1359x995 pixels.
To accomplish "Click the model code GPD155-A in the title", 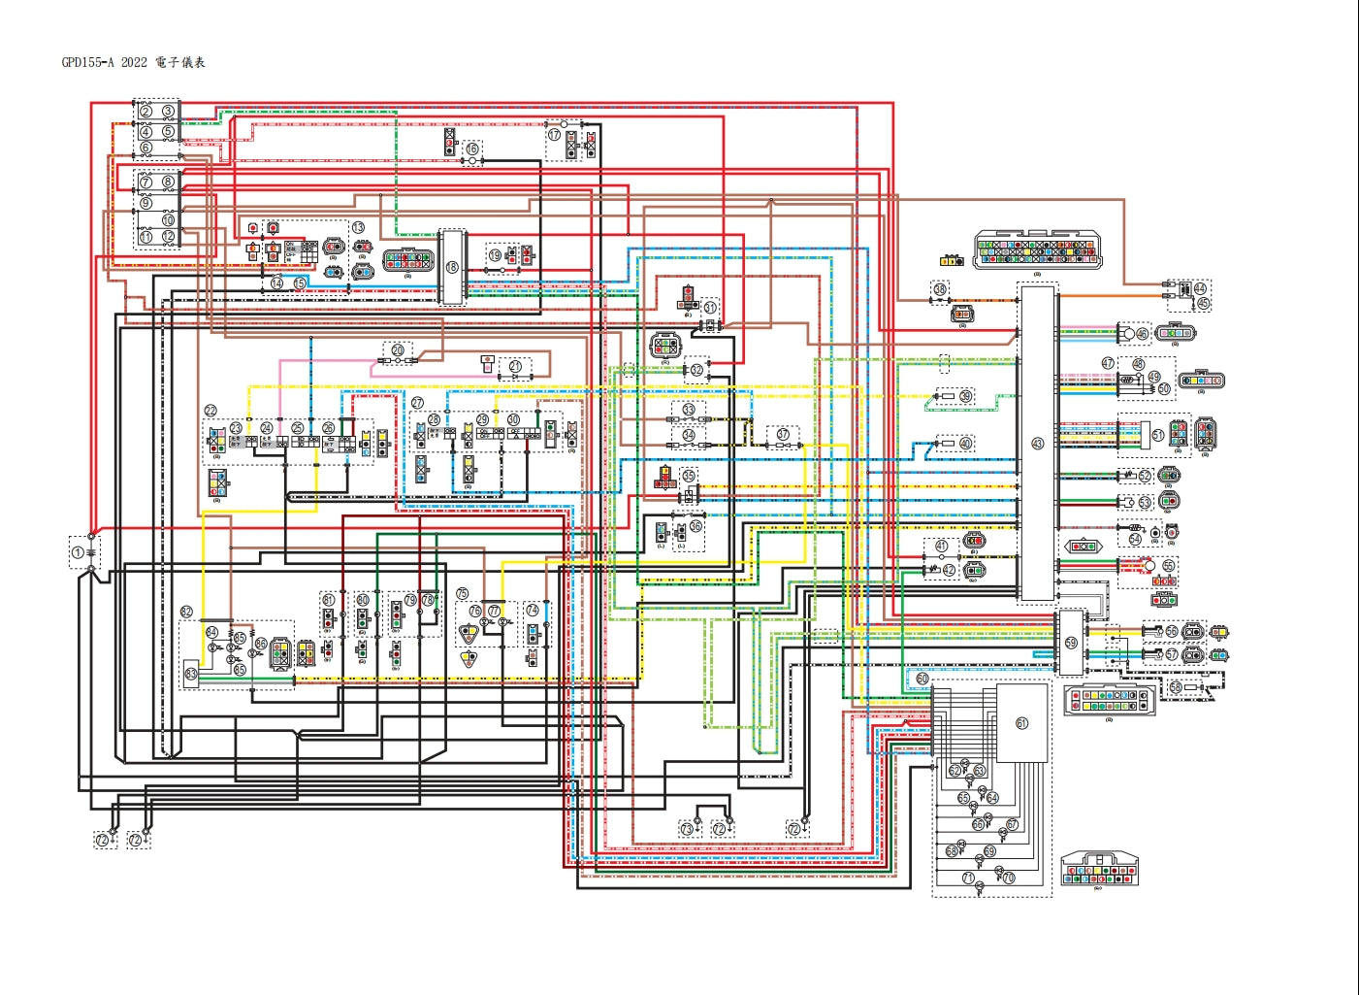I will click(x=87, y=63).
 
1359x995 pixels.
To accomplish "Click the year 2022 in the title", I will click(x=135, y=63).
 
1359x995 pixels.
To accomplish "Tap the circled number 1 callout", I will click(x=78, y=552).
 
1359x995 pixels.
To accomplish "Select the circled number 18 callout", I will click(x=452, y=267).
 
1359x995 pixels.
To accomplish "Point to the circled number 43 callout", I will click(x=1037, y=444).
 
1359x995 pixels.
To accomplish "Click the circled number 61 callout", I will click(x=1021, y=723).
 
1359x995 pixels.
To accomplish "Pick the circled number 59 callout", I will click(x=1071, y=643).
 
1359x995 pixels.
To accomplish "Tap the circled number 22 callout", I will click(x=210, y=411).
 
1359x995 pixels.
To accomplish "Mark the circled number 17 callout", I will click(x=554, y=135).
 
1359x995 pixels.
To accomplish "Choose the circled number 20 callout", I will click(x=398, y=349).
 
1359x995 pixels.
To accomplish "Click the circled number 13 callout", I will click(x=358, y=227).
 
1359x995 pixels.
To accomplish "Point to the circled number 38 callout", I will click(x=940, y=289).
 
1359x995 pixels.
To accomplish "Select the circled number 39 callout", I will click(x=966, y=396).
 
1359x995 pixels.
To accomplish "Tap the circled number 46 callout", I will click(x=1142, y=334).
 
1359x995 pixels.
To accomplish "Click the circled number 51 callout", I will click(x=1157, y=435).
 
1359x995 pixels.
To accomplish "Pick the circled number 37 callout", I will click(x=783, y=434).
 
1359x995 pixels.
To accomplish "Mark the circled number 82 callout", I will click(x=186, y=612).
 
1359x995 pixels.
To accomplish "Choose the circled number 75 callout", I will click(x=462, y=593).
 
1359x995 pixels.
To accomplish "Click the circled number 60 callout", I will click(x=922, y=679).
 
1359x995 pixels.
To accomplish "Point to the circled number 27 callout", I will click(x=417, y=403).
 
